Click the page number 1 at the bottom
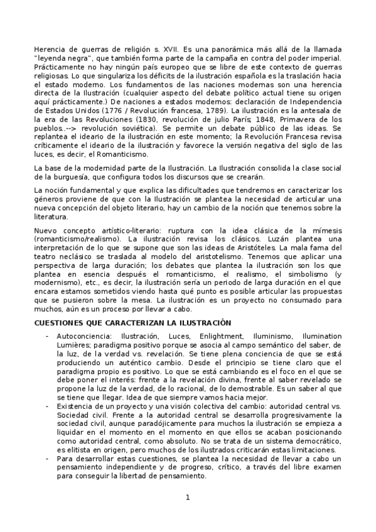tap(187, 497)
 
